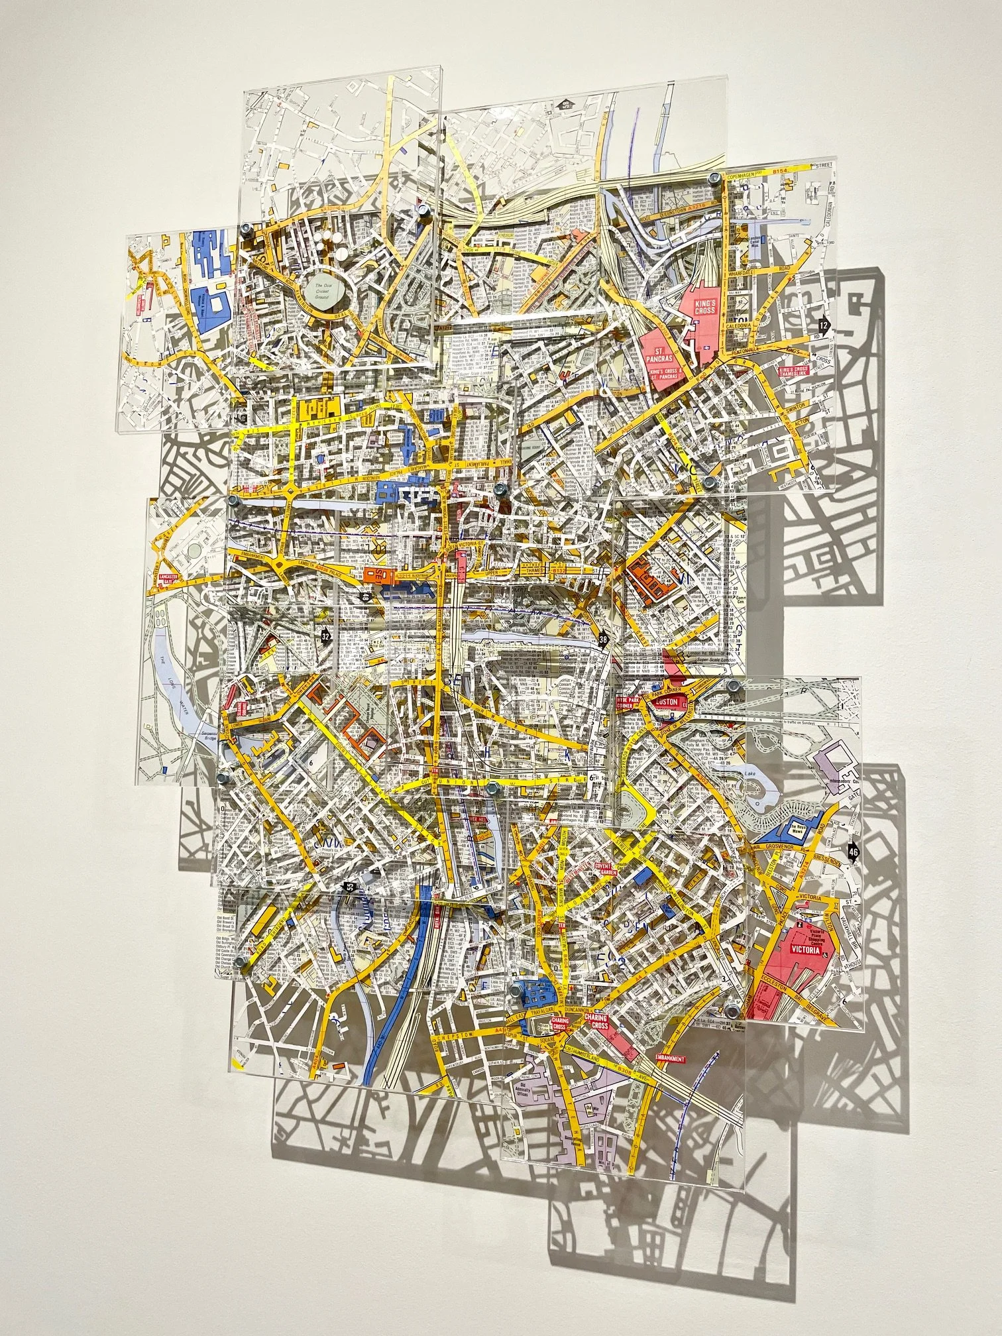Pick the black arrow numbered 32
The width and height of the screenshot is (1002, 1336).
[325, 636]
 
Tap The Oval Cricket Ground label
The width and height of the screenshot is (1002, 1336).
[325, 290]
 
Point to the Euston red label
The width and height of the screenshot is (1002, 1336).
[665, 702]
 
